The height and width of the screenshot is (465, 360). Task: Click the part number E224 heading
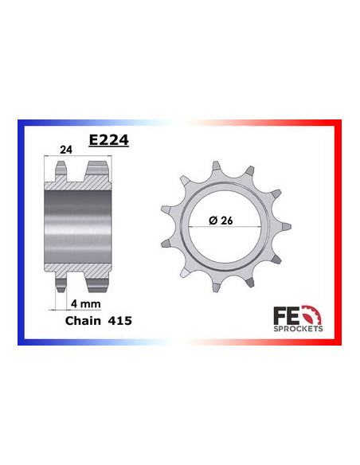(x=109, y=140)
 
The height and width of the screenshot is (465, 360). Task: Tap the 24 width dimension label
(x=66, y=150)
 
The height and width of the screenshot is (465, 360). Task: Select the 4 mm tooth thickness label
(x=86, y=303)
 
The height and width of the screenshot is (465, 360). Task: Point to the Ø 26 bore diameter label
(x=221, y=221)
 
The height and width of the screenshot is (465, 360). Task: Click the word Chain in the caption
(x=83, y=321)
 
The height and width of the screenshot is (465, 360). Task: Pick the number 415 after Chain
(x=119, y=321)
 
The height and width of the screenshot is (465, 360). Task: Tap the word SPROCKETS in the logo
(x=298, y=329)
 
